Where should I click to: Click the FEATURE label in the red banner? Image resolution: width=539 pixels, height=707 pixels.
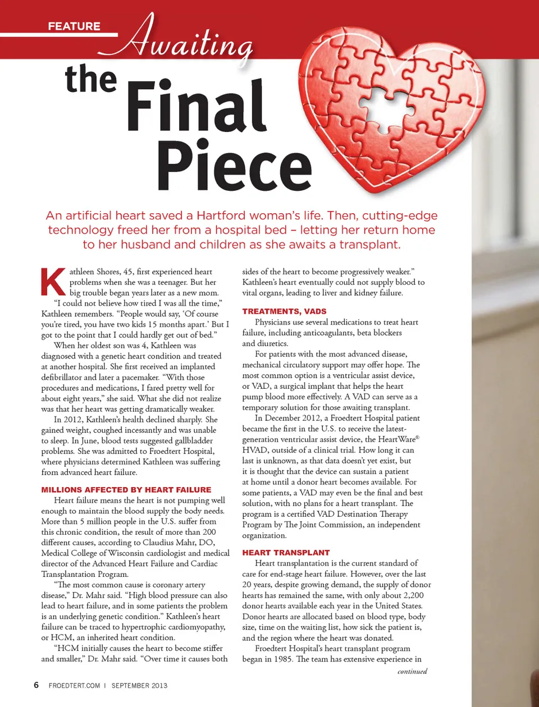click(x=74, y=26)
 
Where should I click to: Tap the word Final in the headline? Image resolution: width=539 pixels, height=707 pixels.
click(x=196, y=106)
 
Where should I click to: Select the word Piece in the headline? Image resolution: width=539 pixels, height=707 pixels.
click(x=234, y=166)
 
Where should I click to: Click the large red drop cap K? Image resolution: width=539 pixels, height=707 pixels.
click(x=53, y=282)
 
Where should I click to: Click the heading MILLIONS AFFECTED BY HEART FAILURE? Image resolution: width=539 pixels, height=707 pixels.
click(x=126, y=490)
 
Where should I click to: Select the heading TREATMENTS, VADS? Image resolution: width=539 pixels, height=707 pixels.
click(x=284, y=311)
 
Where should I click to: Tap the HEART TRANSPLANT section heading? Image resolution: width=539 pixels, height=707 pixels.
click(x=286, y=553)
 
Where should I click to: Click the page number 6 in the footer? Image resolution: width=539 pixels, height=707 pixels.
click(x=36, y=685)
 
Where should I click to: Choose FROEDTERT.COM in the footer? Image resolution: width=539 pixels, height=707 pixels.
click(x=75, y=686)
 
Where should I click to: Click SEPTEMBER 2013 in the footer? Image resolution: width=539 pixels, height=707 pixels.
click(x=139, y=686)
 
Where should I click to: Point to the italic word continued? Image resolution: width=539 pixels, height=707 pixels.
click(x=412, y=671)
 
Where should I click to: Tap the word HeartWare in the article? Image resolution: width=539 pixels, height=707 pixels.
click(x=398, y=439)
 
